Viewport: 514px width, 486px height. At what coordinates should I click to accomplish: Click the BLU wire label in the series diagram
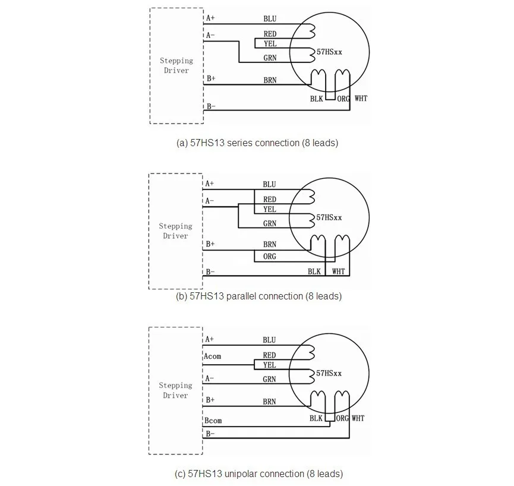(270, 19)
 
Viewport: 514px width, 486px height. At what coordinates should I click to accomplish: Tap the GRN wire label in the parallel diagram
(270, 223)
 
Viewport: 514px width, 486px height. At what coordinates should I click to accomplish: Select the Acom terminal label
(212, 356)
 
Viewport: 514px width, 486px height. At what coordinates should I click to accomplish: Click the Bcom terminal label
(213, 421)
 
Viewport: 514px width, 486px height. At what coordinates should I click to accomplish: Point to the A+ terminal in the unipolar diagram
(209, 339)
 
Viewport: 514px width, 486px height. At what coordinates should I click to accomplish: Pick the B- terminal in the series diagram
(211, 106)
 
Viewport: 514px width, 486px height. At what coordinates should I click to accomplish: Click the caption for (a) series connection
(257, 143)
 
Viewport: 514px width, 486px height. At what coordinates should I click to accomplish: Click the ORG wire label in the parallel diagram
(270, 257)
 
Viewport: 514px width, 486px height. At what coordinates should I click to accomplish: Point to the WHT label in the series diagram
(361, 98)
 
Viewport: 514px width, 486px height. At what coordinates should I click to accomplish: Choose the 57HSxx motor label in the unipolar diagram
(329, 373)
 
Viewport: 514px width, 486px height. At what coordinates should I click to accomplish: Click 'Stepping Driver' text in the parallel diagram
(175, 231)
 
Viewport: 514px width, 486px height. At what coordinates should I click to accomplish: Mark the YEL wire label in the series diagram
(270, 43)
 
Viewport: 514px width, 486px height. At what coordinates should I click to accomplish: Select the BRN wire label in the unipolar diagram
(270, 402)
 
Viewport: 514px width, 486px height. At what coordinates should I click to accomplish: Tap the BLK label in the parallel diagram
(314, 272)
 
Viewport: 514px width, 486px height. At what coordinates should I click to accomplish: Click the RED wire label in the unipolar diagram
(270, 355)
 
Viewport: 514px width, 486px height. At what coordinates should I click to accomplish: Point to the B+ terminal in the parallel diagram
(210, 244)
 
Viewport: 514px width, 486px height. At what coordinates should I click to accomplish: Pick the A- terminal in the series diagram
(210, 36)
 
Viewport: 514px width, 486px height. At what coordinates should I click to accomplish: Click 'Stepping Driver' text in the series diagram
(176, 65)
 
